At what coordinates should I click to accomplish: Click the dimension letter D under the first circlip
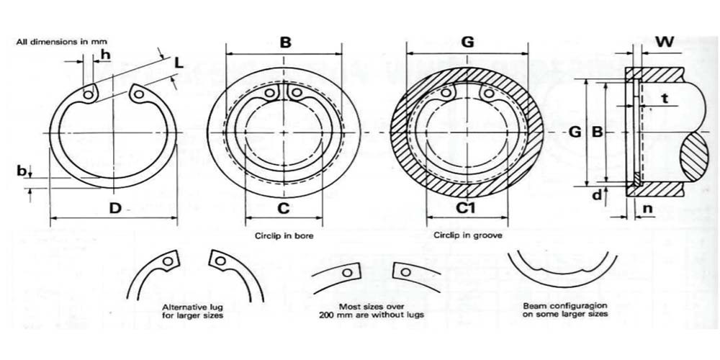click(114, 208)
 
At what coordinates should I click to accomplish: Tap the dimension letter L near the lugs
click(179, 63)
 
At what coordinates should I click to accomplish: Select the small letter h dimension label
click(105, 55)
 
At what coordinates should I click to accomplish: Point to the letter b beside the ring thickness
click(22, 171)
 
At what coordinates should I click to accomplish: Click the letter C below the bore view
click(283, 208)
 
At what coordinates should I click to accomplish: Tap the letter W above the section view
click(665, 42)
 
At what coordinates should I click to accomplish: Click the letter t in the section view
click(664, 98)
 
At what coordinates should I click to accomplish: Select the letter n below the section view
click(647, 209)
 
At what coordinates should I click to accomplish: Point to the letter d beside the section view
click(596, 195)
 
